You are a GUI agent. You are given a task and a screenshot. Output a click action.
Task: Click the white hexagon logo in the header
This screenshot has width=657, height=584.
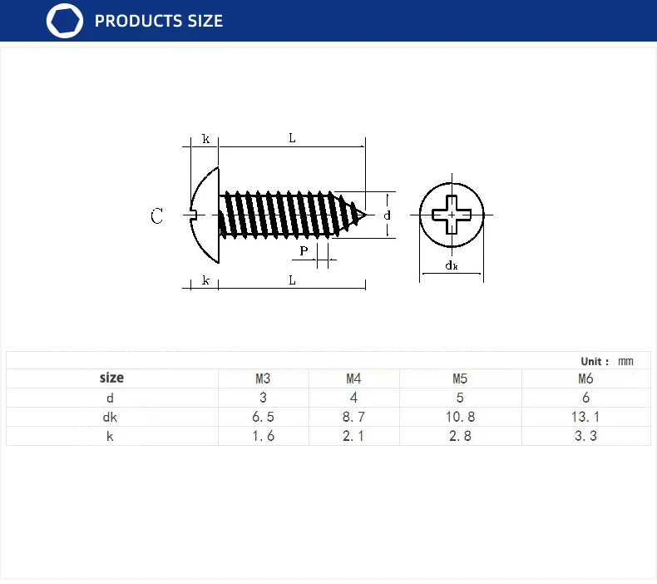[x=65, y=21]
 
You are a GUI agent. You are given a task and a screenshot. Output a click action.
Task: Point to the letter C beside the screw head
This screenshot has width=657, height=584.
[x=157, y=216]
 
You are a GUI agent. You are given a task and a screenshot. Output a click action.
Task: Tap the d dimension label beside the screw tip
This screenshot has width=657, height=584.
[x=388, y=215]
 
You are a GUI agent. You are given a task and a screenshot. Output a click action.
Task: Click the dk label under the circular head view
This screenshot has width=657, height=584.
[x=451, y=266]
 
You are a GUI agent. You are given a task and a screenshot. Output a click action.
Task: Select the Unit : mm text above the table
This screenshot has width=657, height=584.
[x=607, y=361]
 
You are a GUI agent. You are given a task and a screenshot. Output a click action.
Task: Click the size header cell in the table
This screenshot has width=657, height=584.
[x=111, y=378]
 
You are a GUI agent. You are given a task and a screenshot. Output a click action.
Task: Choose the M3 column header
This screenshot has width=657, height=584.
[x=262, y=379]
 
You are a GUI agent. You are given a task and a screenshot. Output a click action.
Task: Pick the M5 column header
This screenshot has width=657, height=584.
[x=460, y=379]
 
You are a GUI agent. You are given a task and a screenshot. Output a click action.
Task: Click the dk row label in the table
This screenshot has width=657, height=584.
[x=110, y=417]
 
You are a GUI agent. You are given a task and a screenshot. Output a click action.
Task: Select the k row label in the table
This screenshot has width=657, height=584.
[x=110, y=435]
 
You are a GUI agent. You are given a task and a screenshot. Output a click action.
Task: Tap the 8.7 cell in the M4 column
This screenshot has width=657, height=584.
[x=353, y=417]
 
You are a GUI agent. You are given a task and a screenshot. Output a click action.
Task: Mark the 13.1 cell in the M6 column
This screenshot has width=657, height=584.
[x=585, y=417]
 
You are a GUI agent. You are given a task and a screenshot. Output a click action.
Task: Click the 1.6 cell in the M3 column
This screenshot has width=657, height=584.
[x=262, y=435]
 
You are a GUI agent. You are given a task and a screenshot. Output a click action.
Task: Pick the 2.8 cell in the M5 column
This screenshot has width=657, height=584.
[x=460, y=435]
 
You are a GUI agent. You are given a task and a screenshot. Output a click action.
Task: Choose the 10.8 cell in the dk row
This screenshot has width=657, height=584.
[x=460, y=417]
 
